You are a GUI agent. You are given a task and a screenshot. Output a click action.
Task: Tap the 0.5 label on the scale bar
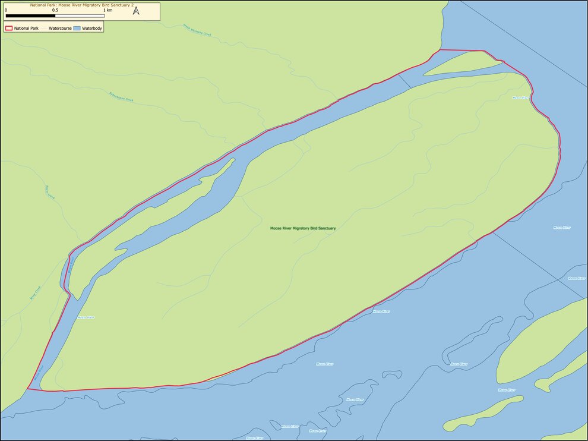coord(55,10)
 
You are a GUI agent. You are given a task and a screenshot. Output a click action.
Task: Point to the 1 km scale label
coord(108,10)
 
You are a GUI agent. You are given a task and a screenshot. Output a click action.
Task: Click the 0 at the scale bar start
coord(6,10)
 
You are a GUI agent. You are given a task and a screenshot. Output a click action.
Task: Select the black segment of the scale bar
coord(30,16)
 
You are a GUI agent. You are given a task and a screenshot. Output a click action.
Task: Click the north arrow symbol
coord(136,10)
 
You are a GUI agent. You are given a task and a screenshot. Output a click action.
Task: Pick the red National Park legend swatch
coord(9,28)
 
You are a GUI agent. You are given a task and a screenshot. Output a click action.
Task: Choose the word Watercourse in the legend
coord(60,28)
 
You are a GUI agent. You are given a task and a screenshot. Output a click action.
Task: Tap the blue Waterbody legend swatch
coord(77,28)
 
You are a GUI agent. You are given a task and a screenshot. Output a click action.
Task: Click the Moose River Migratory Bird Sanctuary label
coord(303,228)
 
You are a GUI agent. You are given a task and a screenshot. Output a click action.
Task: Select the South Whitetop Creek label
coord(197,30)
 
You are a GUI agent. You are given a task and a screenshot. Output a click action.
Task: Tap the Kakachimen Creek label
coord(122,97)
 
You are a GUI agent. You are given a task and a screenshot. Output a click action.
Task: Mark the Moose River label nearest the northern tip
coord(520,97)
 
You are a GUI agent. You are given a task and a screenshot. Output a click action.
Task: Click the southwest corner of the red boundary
coord(27,389)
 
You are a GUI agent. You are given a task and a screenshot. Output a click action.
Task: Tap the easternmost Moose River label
coord(577,278)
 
